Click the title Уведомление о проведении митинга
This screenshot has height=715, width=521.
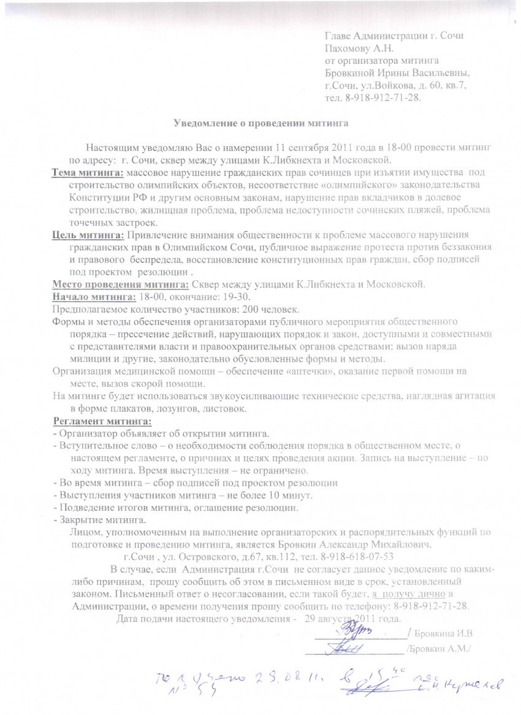click(260, 123)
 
